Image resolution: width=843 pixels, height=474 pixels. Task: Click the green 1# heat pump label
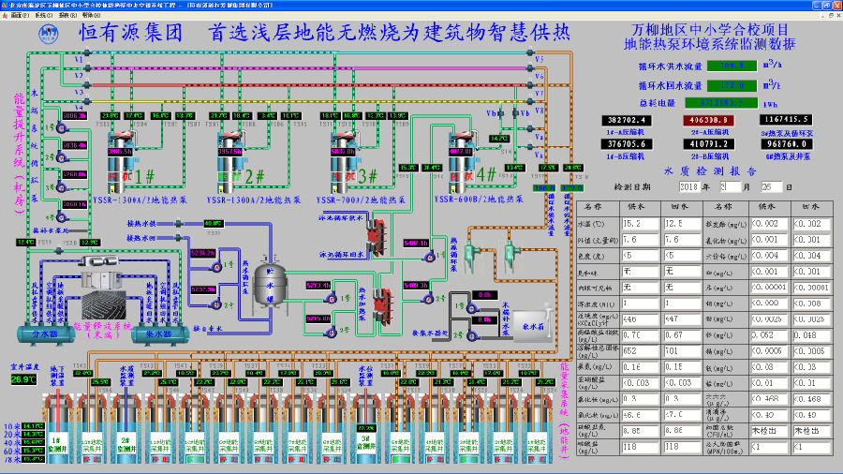145,175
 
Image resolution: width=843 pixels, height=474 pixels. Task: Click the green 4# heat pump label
487,173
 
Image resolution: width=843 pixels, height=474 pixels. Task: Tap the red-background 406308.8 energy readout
709,120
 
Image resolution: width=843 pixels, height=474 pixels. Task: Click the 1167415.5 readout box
787,120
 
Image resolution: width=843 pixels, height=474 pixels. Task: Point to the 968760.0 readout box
787,144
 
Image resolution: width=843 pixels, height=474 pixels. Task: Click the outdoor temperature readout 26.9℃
23,379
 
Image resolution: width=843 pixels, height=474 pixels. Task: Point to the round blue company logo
49,33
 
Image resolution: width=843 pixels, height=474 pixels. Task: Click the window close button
835,5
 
